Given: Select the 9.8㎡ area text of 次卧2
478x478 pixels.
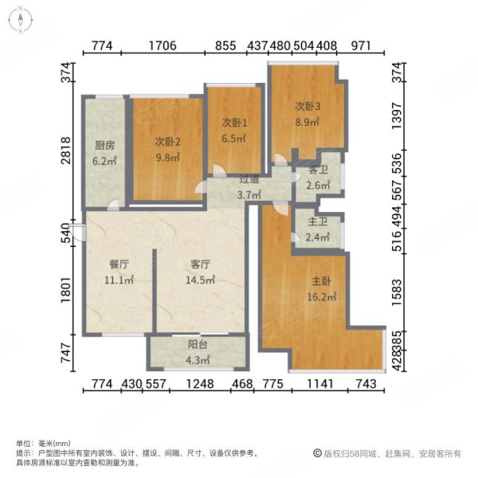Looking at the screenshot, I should click(x=167, y=158).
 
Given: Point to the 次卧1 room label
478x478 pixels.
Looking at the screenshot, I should click(x=233, y=123).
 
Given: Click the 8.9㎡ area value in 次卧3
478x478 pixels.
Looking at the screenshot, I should click(x=308, y=123).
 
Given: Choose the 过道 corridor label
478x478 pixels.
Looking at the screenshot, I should click(x=247, y=180).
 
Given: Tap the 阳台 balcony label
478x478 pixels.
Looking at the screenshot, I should click(x=197, y=347).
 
